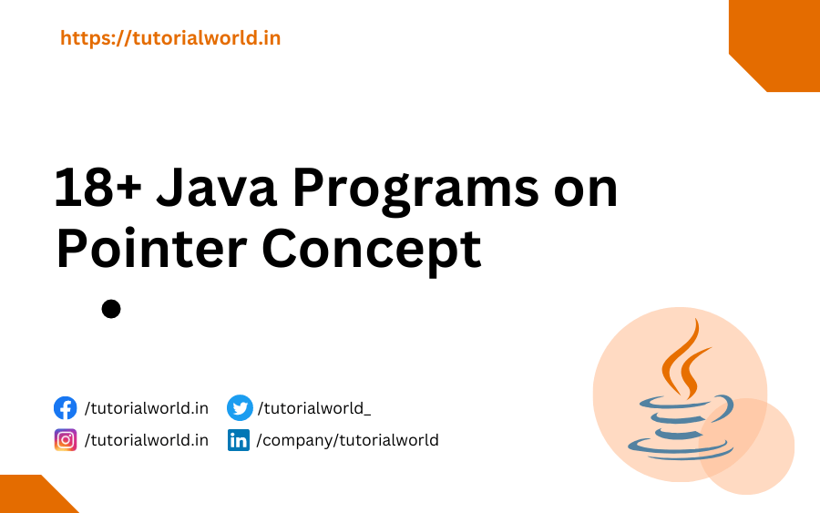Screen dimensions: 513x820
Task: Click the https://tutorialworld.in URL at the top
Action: click(x=170, y=38)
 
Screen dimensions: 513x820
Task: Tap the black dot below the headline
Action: click(x=111, y=309)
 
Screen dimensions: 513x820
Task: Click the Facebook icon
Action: click(x=66, y=407)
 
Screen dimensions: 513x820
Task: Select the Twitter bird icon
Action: click(x=239, y=407)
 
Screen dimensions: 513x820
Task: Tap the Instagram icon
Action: click(x=66, y=440)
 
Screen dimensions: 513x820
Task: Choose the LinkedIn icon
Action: click(x=239, y=441)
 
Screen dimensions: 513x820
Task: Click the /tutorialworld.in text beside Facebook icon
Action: click(x=147, y=407)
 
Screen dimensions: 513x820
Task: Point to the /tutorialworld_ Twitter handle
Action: click(x=314, y=407)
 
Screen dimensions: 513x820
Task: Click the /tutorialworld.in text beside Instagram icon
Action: click(x=147, y=440)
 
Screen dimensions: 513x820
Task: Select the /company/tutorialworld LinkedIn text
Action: click(x=348, y=440)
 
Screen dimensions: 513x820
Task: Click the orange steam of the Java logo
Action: click(x=683, y=360)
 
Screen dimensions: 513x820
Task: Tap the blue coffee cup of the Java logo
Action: click(x=678, y=424)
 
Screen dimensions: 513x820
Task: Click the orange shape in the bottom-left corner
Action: click(x=32, y=497)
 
